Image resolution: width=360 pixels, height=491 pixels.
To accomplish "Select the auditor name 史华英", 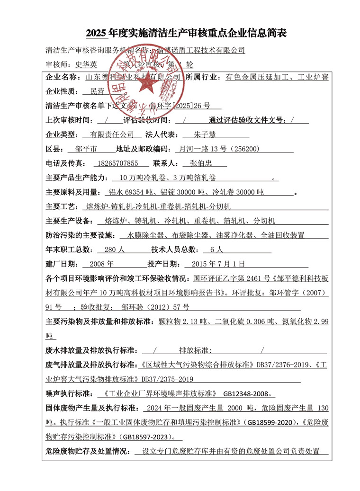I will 85,64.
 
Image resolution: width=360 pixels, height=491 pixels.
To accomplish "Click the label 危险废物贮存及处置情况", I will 87,451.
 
